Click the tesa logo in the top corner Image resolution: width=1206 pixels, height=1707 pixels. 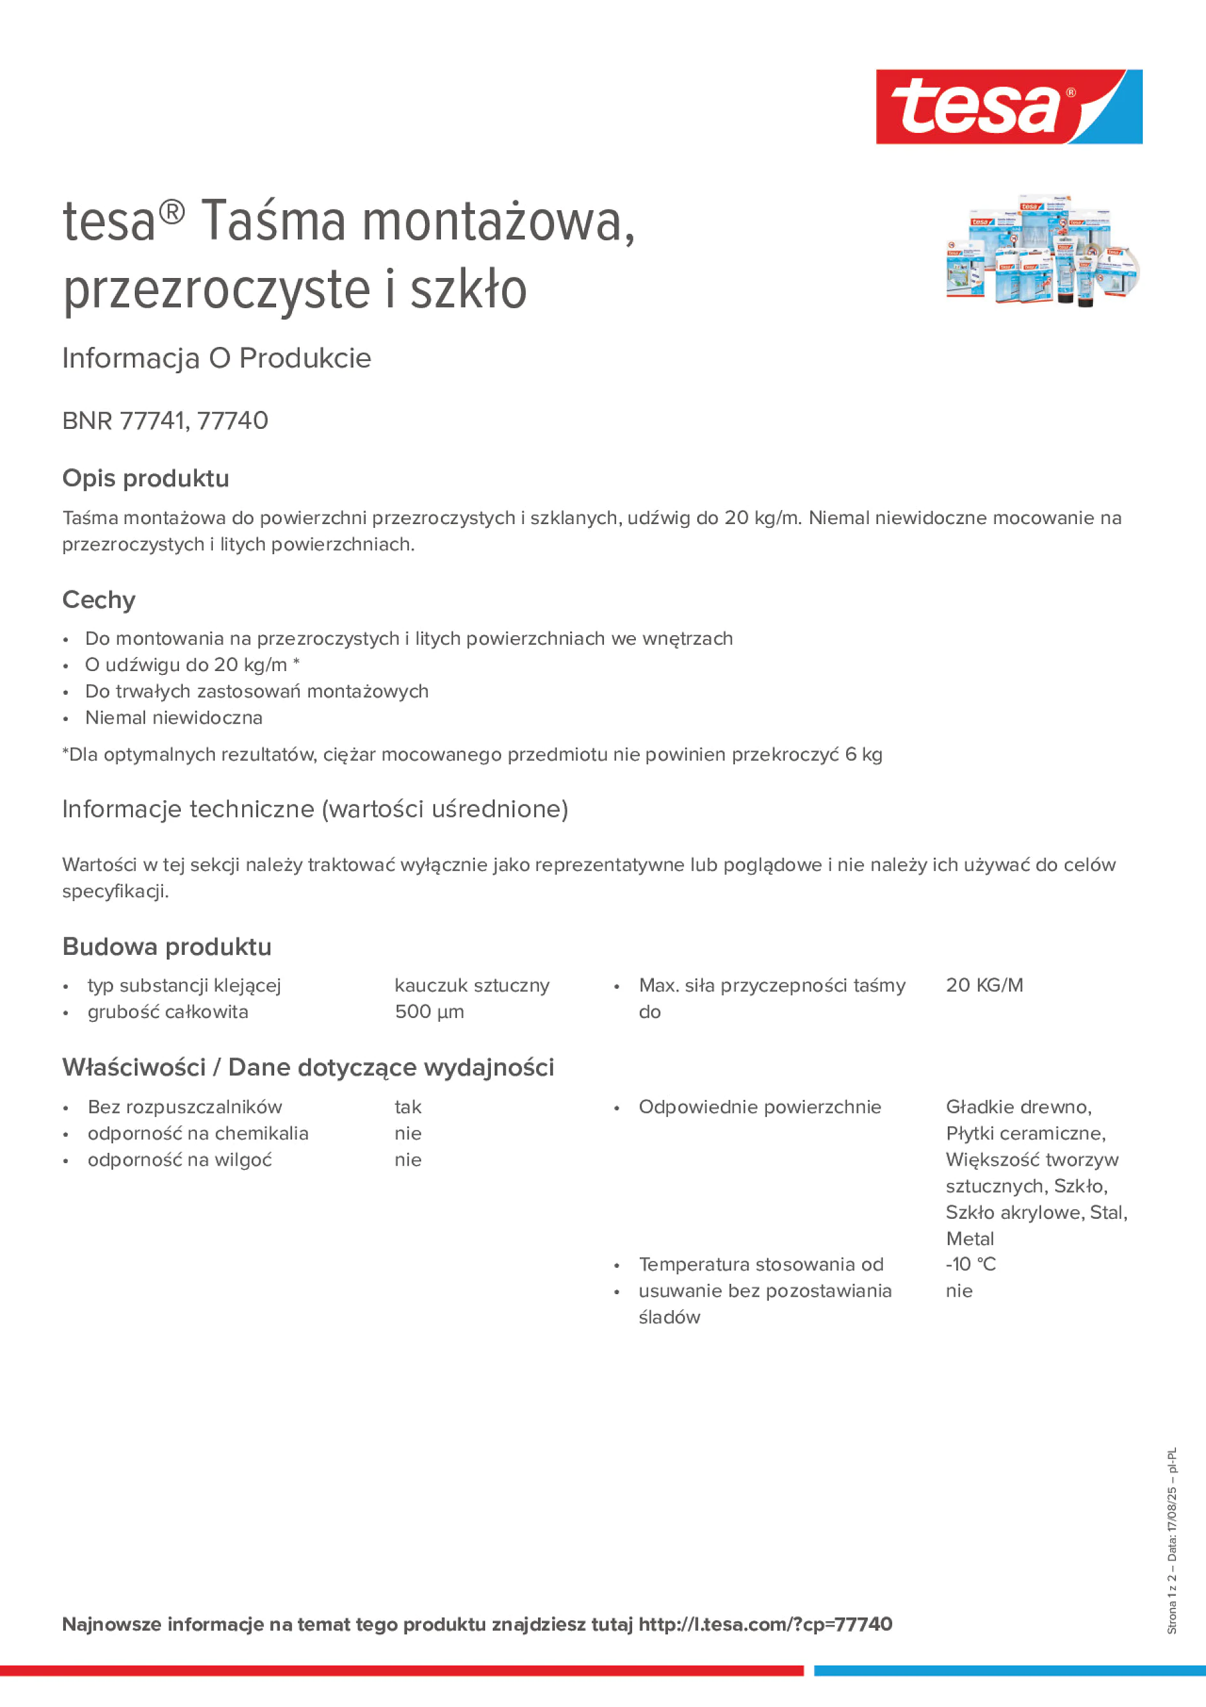pos(1009,106)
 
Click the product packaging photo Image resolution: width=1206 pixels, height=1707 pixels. pos(1042,251)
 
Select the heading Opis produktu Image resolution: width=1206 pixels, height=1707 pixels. pos(146,478)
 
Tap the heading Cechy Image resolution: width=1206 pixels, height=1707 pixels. pos(99,599)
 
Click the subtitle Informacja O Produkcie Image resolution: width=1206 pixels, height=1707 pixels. pos(217,359)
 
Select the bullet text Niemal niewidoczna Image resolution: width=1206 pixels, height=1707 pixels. pos(173,718)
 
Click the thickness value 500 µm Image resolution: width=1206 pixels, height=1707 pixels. pos(429,1012)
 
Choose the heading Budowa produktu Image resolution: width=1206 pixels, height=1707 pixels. pos(167,946)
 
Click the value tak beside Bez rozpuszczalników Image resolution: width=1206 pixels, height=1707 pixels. pos(408,1107)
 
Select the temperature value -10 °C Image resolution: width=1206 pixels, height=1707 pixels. pos(970,1264)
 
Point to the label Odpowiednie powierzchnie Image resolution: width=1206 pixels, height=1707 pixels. pos(759,1107)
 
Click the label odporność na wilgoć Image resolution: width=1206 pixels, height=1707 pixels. pos(179,1160)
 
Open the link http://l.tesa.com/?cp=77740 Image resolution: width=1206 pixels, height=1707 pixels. pos(765,1625)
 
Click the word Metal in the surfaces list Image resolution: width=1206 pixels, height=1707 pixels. pos(970,1239)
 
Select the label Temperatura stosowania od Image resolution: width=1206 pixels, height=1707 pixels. pos(761,1264)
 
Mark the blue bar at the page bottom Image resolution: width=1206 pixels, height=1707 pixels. pos(1009,1671)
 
